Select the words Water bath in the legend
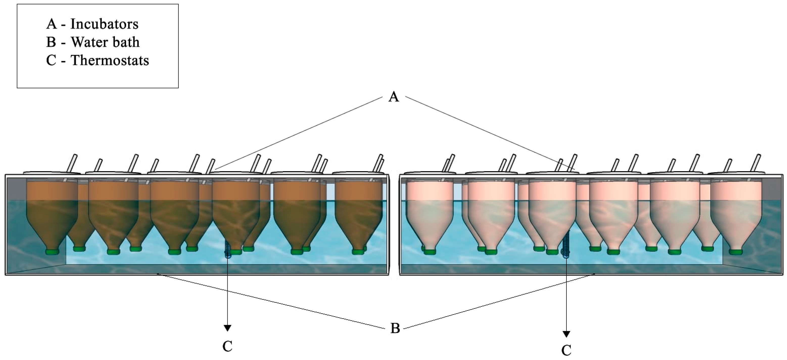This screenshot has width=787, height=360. click(x=105, y=42)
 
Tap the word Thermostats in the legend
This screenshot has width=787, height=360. click(x=110, y=60)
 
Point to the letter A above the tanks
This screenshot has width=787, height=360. click(x=394, y=97)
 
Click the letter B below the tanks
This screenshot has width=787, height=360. click(x=395, y=328)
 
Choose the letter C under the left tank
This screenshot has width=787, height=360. click(x=227, y=346)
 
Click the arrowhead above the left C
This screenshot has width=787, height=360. click(x=227, y=328)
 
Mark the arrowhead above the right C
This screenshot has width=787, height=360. click(x=566, y=334)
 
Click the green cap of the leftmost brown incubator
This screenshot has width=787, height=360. click(x=52, y=252)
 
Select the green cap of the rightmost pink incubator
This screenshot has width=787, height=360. click(x=736, y=252)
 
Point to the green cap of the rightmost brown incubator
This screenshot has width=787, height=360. click(x=358, y=252)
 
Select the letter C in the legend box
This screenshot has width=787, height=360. click(x=51, y=60)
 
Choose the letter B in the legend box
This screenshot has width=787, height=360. click(x=51, y=42)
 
